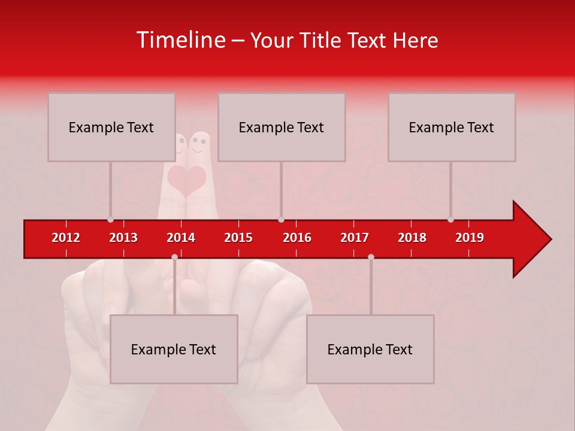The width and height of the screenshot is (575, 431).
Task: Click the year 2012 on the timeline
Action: click(x=66, y=238)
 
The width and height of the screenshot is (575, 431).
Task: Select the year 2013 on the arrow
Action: click(x=123, y=238)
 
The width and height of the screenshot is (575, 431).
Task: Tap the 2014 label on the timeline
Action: click(x=181, y=238)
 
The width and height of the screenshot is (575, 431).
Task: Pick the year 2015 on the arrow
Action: click(x=238, y=238)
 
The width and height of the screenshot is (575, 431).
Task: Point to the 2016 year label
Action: click(x=297, y=238)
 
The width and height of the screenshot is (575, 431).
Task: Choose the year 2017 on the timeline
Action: click(x=355, y=238)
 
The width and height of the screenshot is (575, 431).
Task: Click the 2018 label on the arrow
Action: click(x=412, y=238)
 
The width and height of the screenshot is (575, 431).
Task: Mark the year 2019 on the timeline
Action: click(x=470, y=238)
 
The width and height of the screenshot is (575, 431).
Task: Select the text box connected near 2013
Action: click(x=111, y=127)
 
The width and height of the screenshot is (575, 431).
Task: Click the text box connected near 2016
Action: click(x=282, y=127)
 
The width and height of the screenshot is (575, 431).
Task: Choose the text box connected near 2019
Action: click(x=452, y=127)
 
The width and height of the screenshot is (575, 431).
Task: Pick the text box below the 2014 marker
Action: click(x=174, y=349)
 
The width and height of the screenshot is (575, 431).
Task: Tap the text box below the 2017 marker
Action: click(x=370, y=349)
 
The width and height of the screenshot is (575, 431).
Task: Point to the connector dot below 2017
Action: click(x=371, y=257)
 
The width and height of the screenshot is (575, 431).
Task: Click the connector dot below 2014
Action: click(x=174, y=257)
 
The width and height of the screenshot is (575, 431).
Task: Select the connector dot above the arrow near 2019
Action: click(x=451, y=219)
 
